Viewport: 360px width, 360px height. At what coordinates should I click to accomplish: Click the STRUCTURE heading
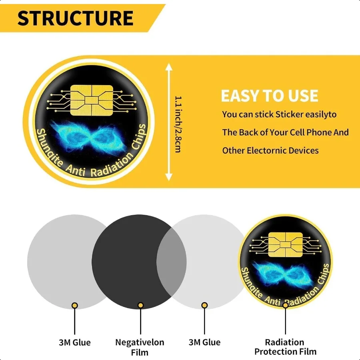(x=75, y=18)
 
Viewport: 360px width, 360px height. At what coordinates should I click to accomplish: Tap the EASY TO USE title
(x=270, y=96)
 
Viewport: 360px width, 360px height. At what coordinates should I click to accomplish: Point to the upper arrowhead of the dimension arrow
(x=169, y=67)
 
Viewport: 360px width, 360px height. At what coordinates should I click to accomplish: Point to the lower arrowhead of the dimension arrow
(x=169, y=176)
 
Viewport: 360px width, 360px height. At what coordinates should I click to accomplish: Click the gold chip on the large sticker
(x=92, y=100)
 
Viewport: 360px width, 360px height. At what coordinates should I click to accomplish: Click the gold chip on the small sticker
(x=285, y=244)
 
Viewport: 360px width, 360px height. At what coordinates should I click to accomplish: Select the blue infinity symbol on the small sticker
(x=283, y=274)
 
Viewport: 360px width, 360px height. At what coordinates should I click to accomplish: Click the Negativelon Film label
(x=140, y=347)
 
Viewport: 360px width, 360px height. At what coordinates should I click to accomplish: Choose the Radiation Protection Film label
(x=285, y=347)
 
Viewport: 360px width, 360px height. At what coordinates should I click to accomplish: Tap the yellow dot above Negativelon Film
(x=140, y=305)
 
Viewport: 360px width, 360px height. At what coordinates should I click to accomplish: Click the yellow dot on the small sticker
(x=285, y=305)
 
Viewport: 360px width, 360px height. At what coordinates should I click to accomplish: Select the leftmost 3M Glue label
(x=75, y=342)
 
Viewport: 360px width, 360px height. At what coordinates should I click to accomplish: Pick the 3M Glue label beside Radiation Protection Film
(x=204, y=342)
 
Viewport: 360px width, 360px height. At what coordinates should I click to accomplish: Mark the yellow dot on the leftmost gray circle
(x=75, y=305)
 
